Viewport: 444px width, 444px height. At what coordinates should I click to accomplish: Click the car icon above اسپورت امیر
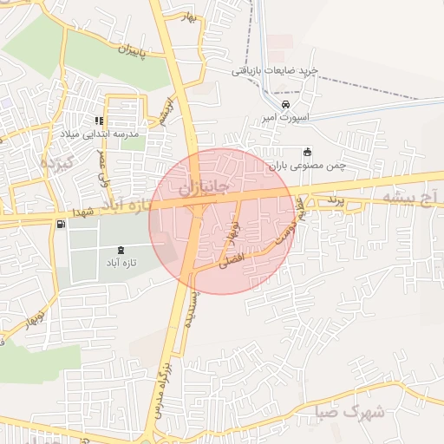point(274,105)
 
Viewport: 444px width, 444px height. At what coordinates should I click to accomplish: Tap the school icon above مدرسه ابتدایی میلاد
point(100,121)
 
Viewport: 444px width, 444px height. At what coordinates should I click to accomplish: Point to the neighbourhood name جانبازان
point(205,186)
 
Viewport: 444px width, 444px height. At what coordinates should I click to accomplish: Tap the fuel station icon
point(60,225)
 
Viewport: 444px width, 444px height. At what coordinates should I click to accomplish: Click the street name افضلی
point(232,259)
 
